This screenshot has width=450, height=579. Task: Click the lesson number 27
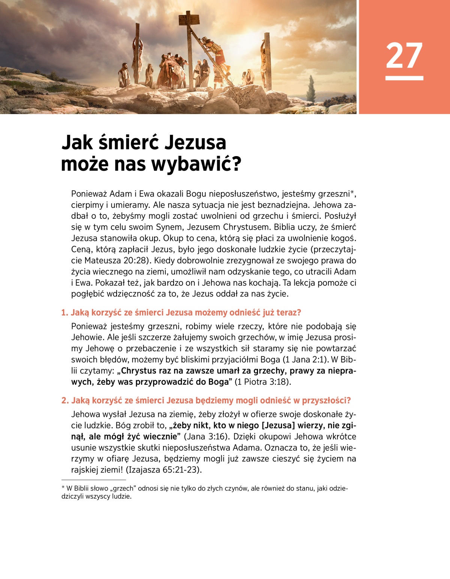coord(404,56)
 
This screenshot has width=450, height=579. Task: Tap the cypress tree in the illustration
coord(311,88)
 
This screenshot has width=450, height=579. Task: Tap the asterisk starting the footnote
coord(63,488)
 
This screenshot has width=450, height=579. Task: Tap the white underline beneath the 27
coord(404,78)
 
